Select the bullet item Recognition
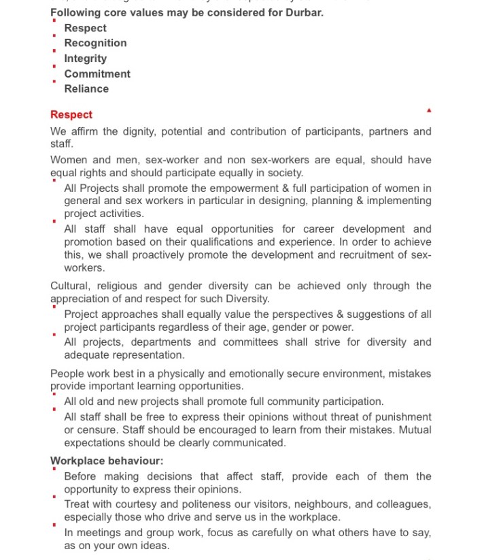point(95,43)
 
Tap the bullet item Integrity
point(86,59)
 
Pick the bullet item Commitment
point(97,73)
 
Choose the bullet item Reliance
point(86,88)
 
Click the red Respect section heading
point(71,114)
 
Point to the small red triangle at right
point(429,110)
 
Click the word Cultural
point(71,286)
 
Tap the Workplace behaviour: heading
point(107,461)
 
